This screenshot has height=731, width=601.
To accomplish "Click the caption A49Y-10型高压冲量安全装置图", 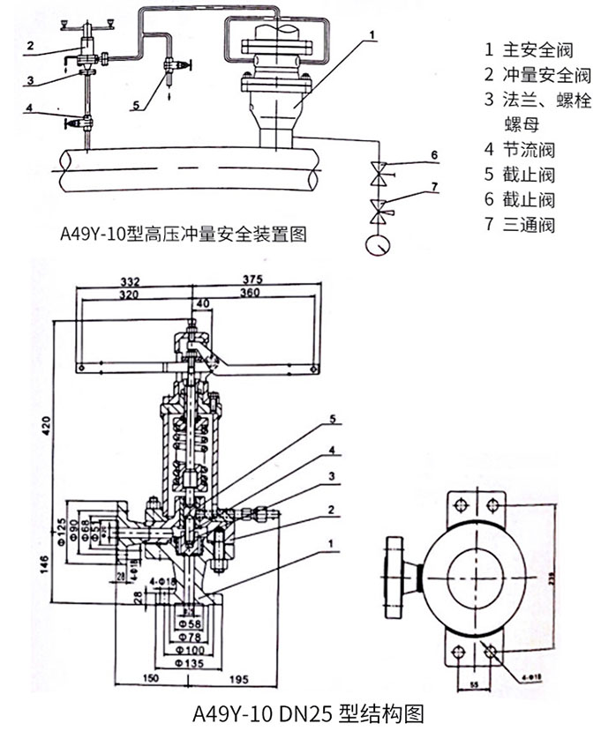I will click(x=182, y=235).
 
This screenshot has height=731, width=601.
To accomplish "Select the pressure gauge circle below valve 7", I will click(x=380, y=242).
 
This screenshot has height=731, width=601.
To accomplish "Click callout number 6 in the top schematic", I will click(x=433, y=155).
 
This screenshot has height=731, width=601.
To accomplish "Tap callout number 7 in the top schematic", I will click(x=433, y=186).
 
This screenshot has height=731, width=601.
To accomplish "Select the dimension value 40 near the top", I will click(x=205, y=304).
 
